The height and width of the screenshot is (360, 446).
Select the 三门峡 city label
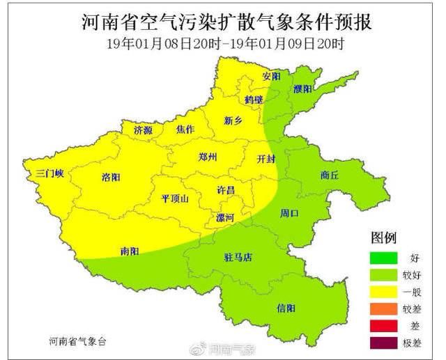click(x=49, y=173)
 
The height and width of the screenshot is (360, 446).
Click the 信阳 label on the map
click(x=286, y=308)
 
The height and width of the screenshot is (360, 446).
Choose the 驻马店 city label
click(x=238, y=257)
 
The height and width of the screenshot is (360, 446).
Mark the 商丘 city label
click(x=330, y=175)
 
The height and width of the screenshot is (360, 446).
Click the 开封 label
click(x=266, y=158)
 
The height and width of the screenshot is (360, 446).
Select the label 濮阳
click(x=302, y=89)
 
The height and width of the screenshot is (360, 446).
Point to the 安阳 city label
click(x=272, y=75)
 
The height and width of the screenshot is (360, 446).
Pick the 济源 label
click(x=143, y=130)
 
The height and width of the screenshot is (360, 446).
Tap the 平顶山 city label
click(x=175, y=198)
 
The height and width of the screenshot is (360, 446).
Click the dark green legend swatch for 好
click(x=383, y=258)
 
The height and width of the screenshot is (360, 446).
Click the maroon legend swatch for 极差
click(x=383, y=343)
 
